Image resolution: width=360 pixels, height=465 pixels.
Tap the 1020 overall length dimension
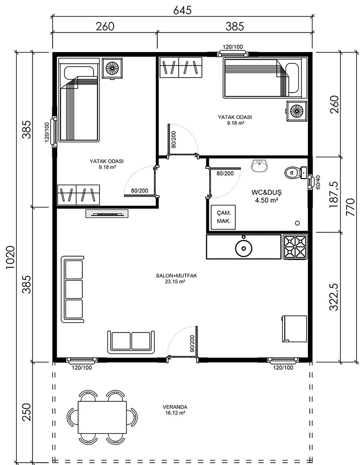[x=10, y=258]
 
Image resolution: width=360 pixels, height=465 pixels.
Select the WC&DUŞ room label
[x=267, y=192]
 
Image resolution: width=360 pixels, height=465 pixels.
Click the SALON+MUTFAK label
[x=176, y=276]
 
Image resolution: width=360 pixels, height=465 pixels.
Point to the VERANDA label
[x=175, y=407]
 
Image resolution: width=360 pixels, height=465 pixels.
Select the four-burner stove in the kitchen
[x=295, y=247]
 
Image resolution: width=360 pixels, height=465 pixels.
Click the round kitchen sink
[x=244, y=247]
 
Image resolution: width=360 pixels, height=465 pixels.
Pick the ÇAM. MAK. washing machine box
[x=223, y=217]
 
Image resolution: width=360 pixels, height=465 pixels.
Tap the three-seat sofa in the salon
[x=73, y=289]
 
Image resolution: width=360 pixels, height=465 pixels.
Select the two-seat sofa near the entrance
[x=131, y=342]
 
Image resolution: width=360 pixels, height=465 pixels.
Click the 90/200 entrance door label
[x=192, y=344]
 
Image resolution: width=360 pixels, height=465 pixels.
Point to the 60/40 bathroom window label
[x=318, y=182]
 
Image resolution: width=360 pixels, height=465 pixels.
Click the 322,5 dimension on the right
[x=334, y=297]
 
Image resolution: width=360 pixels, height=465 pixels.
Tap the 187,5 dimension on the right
[x=334, y=194]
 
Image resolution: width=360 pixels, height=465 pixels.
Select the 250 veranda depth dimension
[x=27, y=412]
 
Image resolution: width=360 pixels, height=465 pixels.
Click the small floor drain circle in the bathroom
[x=297, y=223]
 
